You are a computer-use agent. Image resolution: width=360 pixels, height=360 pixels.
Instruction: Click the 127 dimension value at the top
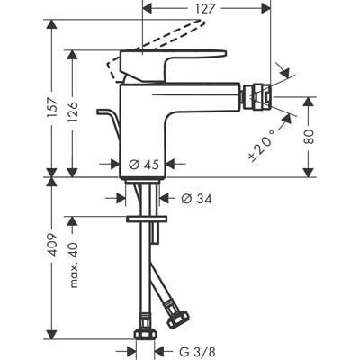tap(206, 9)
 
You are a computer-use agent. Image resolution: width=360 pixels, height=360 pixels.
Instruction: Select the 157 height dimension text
tap(53, 108)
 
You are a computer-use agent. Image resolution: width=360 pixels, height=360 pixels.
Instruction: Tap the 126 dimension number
tap(73, 112)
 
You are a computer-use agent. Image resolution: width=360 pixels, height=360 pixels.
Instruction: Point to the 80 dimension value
tap(310, 137)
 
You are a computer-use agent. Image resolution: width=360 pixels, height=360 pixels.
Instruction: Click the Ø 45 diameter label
tap(144, 165)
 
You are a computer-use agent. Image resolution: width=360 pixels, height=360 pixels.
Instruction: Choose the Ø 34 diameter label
tap(196, 198)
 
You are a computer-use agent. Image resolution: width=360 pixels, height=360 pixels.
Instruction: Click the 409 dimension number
tap(53, 245)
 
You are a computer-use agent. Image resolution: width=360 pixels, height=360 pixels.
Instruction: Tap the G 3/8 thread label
tap(197, 351)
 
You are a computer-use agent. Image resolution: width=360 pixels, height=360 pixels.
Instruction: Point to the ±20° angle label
tap(260, 146)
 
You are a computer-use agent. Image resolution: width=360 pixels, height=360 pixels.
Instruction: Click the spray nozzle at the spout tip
tap(256, 96)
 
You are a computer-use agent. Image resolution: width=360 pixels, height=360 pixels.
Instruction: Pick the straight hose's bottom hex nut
tap(145, 333)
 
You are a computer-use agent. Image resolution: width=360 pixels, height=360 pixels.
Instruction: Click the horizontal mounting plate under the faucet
tap(147, 219)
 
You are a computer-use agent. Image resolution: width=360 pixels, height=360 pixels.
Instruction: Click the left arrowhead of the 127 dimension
tap(148, 9)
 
